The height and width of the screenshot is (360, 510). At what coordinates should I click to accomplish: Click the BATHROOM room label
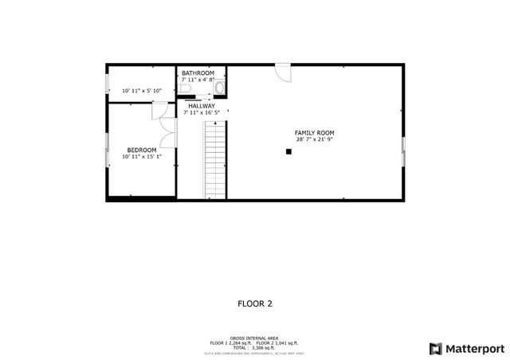(x=198, y=73)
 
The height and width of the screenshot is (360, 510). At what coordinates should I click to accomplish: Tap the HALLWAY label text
(x=202, y=106)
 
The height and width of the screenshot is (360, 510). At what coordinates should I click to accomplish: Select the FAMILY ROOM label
(x=314, y=132)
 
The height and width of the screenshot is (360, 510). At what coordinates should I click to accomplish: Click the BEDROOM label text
(x=142, y=150)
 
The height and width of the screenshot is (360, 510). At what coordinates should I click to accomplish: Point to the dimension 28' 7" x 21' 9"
(x=314, y=139)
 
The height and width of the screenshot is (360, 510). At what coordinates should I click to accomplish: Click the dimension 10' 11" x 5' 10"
(x=142, y=92)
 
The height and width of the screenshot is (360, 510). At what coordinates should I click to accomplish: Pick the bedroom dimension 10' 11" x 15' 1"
(x=142, y=157)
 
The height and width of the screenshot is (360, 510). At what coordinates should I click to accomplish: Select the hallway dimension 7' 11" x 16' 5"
(x=202, y=113)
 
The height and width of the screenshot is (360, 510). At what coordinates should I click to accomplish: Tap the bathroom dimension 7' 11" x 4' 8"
(x=198, y=80)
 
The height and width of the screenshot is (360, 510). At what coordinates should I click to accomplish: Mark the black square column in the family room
(x=290, y=151)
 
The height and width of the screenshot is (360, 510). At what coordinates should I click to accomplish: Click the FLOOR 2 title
(x=255, y=303)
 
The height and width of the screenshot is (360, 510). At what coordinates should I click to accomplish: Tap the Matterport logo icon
(x=435, y=348)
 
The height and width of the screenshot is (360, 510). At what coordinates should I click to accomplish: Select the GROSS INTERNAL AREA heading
(x=254, y=338)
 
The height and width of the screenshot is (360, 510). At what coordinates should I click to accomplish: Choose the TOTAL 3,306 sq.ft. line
(x=254, y=348)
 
